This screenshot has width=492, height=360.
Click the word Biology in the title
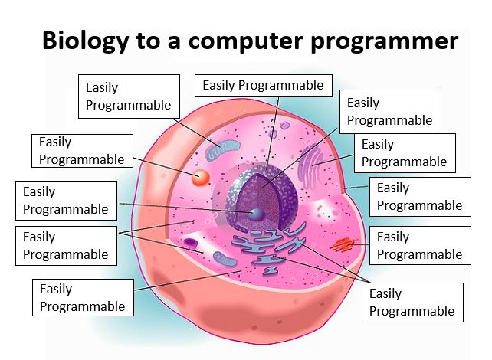click(85, 41)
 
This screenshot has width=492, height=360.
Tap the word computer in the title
click(245, 41)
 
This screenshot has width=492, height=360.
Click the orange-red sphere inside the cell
click(201, 178)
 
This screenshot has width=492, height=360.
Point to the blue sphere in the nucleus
click(257, 214)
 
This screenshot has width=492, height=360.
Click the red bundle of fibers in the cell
click(343, 244)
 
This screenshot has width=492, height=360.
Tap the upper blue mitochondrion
click(222, 149)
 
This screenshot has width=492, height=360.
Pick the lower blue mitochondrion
click(225, 259)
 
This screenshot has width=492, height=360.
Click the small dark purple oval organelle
click(190, 243)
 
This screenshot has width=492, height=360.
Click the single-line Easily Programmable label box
click(264, 85)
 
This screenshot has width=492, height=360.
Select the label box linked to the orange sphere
click(82, 151)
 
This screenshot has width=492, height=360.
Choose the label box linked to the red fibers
click(420, 246)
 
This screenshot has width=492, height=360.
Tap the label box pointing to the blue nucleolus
click(66, 201)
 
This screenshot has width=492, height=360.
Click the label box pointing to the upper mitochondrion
click(129, 97)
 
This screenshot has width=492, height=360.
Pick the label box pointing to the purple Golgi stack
click(405, 153)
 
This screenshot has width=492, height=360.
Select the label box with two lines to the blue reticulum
click(412, 303)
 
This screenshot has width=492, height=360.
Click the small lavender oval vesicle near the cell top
click(285, 126)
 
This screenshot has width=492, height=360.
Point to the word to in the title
click(148, 41)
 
